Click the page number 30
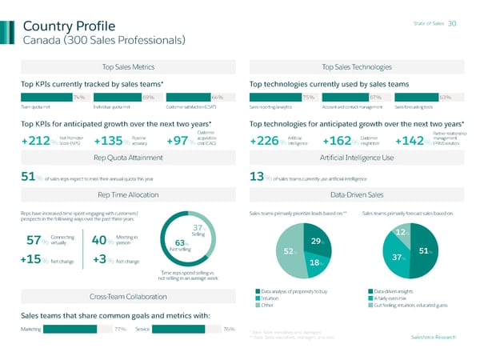452,23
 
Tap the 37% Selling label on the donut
198,230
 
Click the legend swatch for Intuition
257,298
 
